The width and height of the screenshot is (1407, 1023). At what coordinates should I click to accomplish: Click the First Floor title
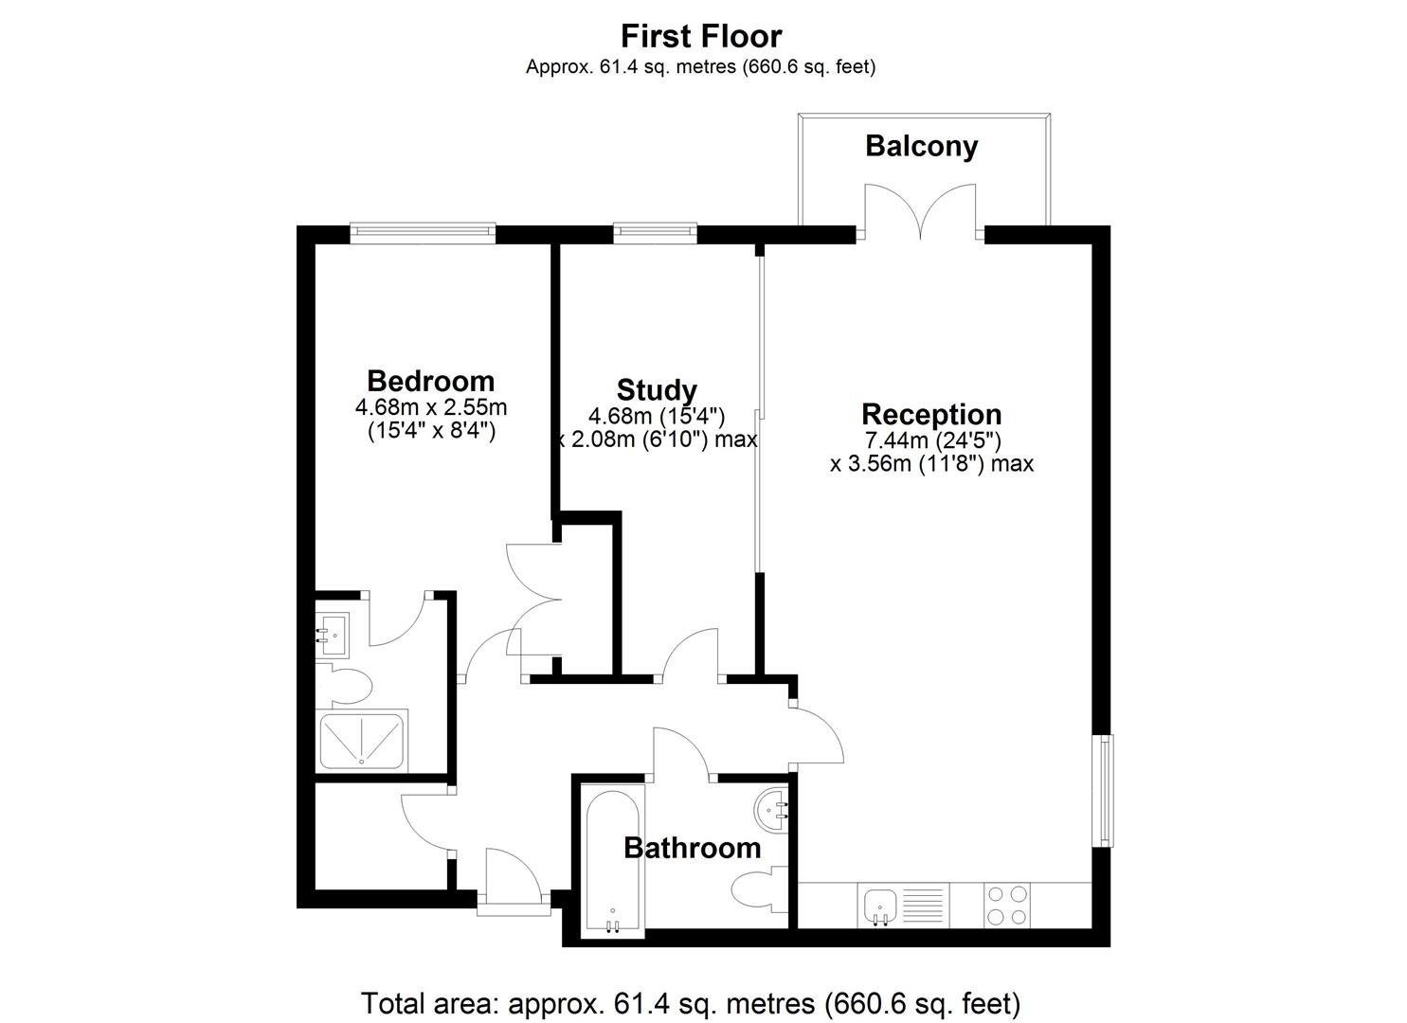(701, 36)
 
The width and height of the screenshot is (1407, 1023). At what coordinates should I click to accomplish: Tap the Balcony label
(922, 146)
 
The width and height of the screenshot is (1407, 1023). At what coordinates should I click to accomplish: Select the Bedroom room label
(431, 381)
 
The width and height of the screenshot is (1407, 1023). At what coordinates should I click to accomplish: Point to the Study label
(657, 390)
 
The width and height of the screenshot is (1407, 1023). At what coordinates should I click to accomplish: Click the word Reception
(931, 415)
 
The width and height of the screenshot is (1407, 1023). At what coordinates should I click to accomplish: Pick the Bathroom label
(693, 849)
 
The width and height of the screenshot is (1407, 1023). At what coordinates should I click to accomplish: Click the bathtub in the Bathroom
(612, 860)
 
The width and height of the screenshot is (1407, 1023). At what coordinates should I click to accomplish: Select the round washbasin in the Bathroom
(771, 810)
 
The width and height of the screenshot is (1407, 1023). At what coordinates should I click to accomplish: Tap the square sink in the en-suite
(332, 635)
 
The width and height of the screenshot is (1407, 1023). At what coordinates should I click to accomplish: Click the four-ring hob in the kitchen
(1007, 905)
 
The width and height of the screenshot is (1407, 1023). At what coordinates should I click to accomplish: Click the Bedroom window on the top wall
(423, 233)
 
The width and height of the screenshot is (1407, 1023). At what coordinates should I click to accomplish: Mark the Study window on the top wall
(655, 233)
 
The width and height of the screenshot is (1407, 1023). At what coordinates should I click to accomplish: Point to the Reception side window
(1104, 790)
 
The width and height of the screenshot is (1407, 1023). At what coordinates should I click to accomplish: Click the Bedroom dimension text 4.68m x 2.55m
(431, 407)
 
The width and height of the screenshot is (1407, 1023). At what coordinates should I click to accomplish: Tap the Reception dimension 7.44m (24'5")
(932, 440)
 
